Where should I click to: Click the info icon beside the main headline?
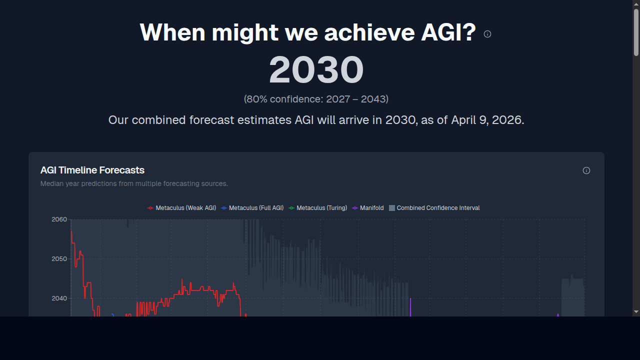pos(487,34)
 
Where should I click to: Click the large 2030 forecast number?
pos(316,69)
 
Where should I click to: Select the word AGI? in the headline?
pos(448,32)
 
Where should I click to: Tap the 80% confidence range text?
pos(316,99)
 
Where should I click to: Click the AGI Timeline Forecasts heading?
pos(92,170)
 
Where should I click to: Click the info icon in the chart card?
pos(586,170)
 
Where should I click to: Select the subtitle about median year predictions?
pos(134,183)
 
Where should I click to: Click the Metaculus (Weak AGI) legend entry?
pos(181,208)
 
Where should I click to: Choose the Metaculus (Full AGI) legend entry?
pos(252,208)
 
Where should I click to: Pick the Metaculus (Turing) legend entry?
pos(318,208)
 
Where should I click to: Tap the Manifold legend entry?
pos(368,208)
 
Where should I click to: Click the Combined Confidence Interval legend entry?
pos(434,208)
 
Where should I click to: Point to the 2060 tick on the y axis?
pos(59,219)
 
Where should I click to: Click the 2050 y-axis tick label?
pos(59,259)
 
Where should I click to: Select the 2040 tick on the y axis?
pos(59,298)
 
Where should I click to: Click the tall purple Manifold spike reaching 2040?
pos(410,307)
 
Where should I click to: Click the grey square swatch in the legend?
pos(392,208)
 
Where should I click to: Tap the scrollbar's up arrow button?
pos(636,4)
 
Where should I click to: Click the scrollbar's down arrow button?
pos(636,311)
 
